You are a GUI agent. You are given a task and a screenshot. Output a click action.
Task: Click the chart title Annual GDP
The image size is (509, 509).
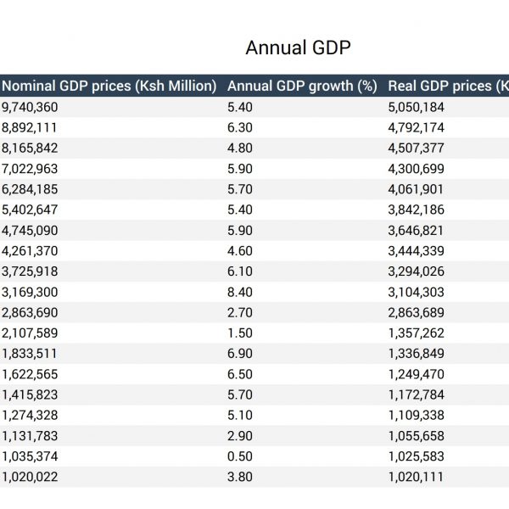tap(298, 48)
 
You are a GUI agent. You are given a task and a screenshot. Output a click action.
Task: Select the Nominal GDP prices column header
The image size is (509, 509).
tap(109, 86)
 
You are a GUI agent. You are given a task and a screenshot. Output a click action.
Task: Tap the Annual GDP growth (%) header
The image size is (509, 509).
tap(302, 86)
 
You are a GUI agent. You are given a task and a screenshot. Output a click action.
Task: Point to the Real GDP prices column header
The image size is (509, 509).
tap(448, 86)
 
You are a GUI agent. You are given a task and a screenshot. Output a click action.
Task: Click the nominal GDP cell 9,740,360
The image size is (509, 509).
tap(30, 107)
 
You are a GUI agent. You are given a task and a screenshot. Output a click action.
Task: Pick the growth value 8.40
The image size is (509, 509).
tap(240, 292)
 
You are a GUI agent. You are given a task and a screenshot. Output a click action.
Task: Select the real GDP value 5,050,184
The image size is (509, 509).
tap(417, 107)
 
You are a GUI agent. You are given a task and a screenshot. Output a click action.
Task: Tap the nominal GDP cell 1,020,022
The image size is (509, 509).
tap(30, 477)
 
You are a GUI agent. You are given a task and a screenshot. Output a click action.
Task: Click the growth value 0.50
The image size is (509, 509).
tap(240, 456)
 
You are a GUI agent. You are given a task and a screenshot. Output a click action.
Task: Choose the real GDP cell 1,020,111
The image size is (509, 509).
tap(416, 477)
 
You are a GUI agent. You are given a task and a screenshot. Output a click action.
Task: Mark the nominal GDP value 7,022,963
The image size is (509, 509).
tap(30, 169)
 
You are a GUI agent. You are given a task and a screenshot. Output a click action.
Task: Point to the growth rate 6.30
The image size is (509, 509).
tap(240, 127)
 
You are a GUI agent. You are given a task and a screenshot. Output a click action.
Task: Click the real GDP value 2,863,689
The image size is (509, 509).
tap(417, 312)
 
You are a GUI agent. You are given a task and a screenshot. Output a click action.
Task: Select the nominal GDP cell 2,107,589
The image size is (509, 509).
tap(30, 333)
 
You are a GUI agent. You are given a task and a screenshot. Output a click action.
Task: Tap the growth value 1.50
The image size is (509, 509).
tap(240, 333)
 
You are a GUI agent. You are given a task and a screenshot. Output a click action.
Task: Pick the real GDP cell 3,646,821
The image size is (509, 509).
tap(416, 231)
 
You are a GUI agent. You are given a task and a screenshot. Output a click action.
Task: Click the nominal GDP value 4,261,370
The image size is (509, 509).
tap(30, 251)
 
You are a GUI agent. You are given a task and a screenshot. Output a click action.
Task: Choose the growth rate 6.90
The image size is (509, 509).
tap(240, 353)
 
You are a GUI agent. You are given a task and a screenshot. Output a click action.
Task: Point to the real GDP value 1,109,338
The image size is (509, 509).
tap(417, 415)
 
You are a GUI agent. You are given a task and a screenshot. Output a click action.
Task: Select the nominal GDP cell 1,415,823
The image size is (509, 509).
tap(30, 394)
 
